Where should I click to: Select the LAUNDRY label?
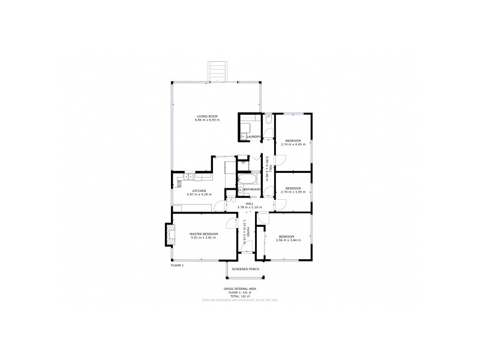coord(253,137)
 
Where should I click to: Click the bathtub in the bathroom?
coord(247,179)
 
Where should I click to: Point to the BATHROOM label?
coord(251,190)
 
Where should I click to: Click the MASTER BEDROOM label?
coord(203,234)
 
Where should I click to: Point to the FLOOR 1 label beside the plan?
coord(177,265)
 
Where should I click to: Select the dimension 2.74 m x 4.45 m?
coord(293,145)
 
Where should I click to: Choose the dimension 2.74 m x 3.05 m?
coord(293,192)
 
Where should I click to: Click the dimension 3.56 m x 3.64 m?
coord(287,240)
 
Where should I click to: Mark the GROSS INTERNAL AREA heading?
coord(239,289)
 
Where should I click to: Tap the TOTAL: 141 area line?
coord(239,296)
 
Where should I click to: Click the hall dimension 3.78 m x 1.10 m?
coord(250,207)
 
